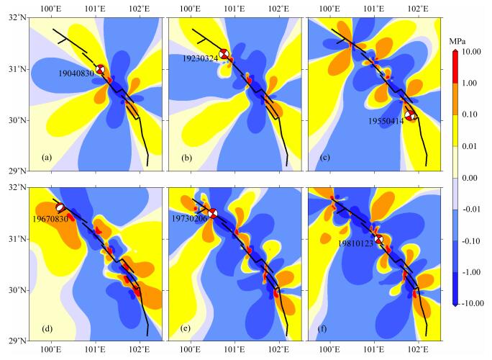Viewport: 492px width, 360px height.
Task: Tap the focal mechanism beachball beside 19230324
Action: (x=224, y=55)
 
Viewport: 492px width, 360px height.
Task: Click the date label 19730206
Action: (x=188, y=217)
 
